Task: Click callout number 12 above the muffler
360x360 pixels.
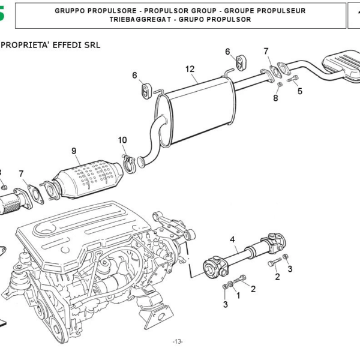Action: coord(190,70)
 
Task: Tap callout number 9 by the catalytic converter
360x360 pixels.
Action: coord(74,151)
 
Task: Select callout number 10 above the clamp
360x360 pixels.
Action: coord(122,140)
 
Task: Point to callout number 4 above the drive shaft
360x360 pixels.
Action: coord(232,240)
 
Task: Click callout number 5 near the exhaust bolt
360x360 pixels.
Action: coord(299,91)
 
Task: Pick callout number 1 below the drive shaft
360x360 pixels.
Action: coord(238,295)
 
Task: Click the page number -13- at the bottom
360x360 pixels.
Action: coord(178,341)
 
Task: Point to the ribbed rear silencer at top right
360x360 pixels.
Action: coord(341,64)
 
